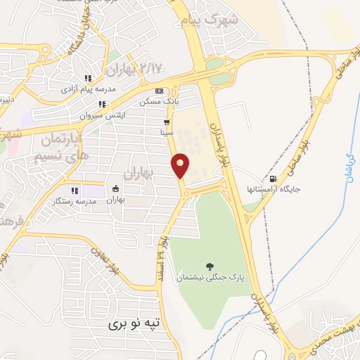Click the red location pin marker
point(181,165)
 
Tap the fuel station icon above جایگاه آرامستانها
point(273,179)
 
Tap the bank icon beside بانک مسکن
point(160,91)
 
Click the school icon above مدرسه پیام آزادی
point(87,79)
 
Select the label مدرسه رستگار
point(75,201)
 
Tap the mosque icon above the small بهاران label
point(115,189)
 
